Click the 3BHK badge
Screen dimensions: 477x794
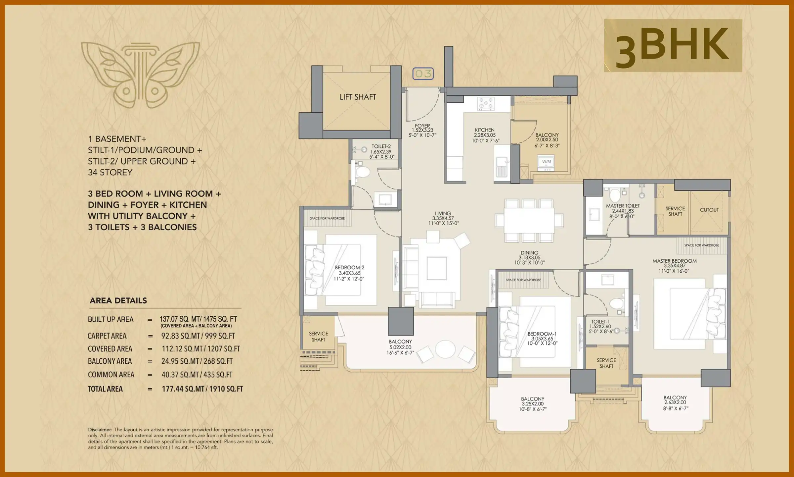[673, 45]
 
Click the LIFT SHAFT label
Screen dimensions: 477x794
[358, 97]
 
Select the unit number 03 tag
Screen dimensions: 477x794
[423, 74]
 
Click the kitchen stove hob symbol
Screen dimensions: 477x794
[485, 104]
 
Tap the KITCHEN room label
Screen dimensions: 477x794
[485, 130]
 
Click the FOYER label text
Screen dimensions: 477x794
[422, 126]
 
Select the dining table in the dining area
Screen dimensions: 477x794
[529, 220]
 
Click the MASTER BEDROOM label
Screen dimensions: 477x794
[674, 261]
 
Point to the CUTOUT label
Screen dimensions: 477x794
[709, 210]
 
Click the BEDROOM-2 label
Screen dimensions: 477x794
[349, 268]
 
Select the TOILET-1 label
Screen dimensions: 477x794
[600, 322]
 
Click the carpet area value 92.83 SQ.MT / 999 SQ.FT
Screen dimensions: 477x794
[198, 336]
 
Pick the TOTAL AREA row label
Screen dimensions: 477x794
[105, 389]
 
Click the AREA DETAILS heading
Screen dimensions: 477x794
[118, 301]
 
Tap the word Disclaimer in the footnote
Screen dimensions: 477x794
[100, 430]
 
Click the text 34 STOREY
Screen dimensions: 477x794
[110, 173]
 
